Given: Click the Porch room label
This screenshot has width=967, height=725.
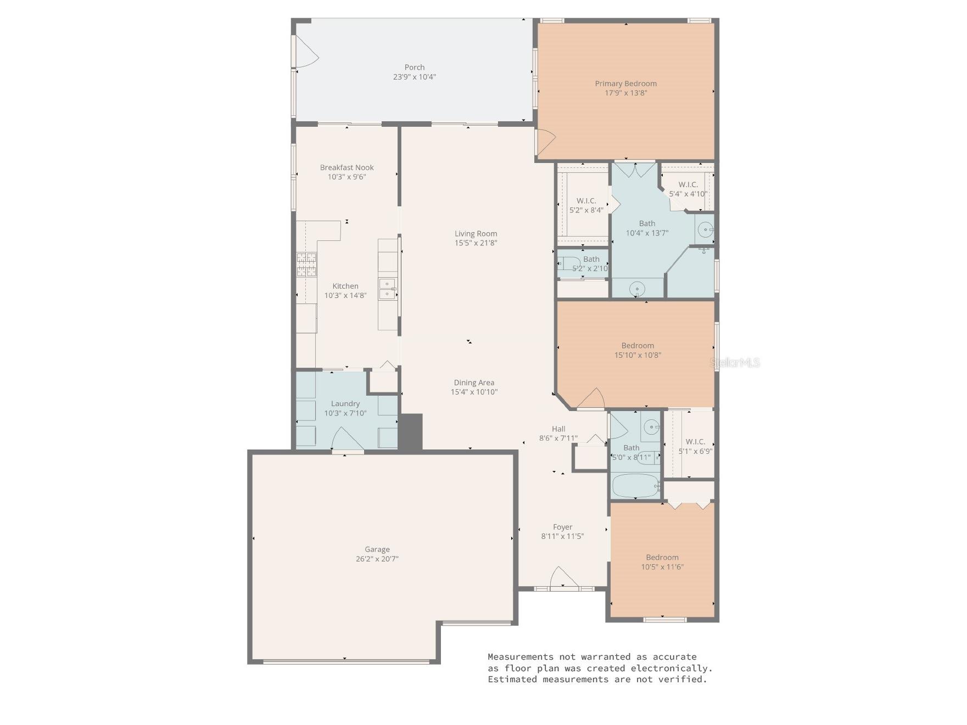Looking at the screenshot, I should click(x=415, y=68).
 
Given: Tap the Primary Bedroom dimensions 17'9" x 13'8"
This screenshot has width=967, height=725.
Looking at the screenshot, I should click(x=625, y=93).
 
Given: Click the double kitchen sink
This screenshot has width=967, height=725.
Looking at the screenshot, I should click(x=387, y=288).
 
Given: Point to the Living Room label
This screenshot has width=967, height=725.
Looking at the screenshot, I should click(x=476, y=233).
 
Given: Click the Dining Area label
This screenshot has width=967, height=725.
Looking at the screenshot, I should click(x=474, y=383).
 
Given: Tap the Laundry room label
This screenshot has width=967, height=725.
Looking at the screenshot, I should click(x=345, y=403).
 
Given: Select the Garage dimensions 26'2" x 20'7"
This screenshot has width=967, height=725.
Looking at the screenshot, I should click(x=377, y=559).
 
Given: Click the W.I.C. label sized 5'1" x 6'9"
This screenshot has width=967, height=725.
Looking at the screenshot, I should click(x=695, y=441).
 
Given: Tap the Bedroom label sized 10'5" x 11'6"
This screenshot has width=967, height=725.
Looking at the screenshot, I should click(x=662, y=557).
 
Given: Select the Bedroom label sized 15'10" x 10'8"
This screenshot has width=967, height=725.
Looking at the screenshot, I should click(x=638, y=345).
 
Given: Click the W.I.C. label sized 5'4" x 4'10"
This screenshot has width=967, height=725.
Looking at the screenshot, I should click(x=688, y=184).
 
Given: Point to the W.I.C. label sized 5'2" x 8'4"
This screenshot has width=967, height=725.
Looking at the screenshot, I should click(x=586, y=201).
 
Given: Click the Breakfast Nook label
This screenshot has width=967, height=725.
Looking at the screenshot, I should click(x=346, y=167).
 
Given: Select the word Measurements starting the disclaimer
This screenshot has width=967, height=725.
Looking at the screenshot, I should click(x=521, y=656).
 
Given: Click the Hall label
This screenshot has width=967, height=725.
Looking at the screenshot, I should click(x=558, y=429).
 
